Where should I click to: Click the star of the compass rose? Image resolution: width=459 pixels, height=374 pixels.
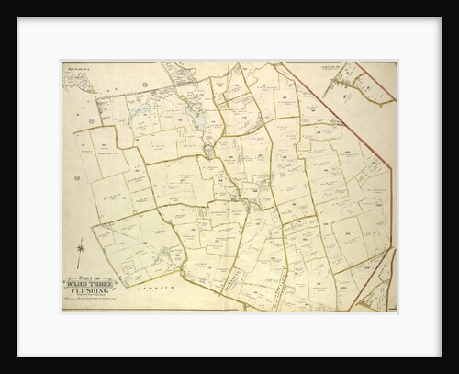[x=81, y=248]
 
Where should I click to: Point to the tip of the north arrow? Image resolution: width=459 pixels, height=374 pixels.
[x=81, y=238]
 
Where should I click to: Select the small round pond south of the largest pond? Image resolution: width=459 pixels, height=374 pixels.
[x=209, y=151]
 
